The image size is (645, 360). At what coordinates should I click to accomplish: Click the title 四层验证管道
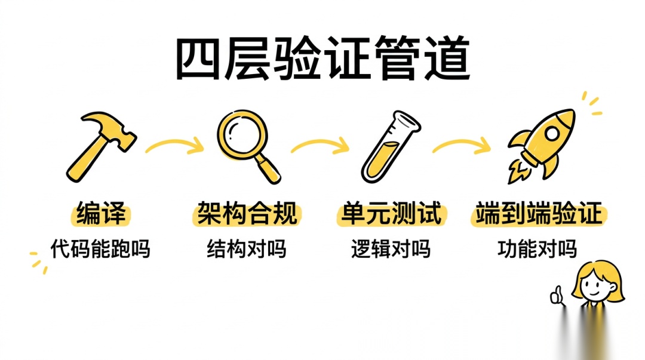point(322,60)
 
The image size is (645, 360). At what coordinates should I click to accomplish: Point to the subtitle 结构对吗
point(247,248)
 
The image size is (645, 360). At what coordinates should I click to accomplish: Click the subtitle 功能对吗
point(537,248)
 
